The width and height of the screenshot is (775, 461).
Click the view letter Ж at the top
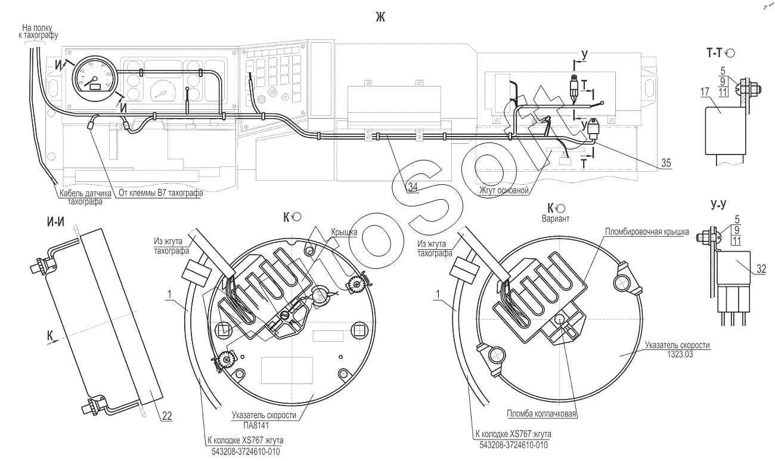pos(380,17)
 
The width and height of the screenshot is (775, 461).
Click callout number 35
pos(666,163)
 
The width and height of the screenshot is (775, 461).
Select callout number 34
pos(413,187)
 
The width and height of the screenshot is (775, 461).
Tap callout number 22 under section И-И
pos(167,416)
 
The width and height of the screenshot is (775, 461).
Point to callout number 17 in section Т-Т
pos(705,92)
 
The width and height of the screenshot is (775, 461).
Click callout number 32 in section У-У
pos(761,268)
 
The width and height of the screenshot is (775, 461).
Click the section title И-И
pos(55,222)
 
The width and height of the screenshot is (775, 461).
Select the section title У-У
pos(718,205)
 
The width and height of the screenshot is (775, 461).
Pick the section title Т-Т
pos(714,53)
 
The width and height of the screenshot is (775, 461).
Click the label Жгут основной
pos(504,190)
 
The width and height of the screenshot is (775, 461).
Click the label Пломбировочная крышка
pos(647,231)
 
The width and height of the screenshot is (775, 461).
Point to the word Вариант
pos(555,219)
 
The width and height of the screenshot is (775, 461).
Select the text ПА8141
pos(256,425)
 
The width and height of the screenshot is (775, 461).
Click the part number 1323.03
pos(680,354)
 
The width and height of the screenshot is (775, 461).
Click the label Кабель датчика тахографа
pos(85,197)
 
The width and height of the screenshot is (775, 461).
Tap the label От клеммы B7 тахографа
pos(161,193)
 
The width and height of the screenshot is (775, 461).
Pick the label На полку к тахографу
pos(38,31)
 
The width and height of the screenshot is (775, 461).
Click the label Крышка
pos(344,232)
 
